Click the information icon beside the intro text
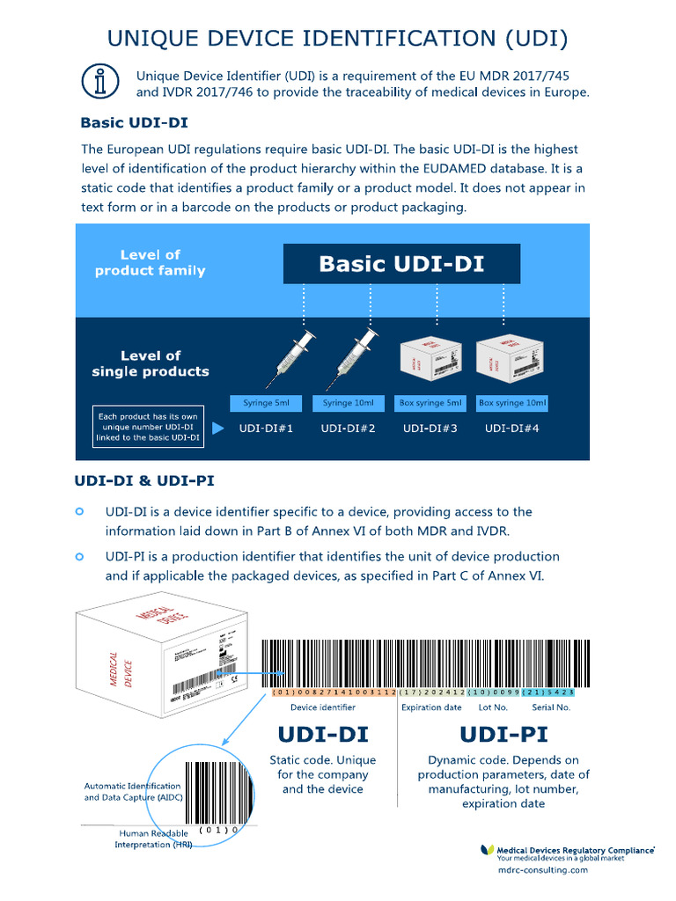(99, 82)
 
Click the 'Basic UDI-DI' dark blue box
(401, 264)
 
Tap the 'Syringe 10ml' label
(348, 403)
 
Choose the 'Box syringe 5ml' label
(430, 403)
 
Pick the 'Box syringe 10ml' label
(512, 403)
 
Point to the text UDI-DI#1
(266, 429)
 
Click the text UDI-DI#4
(512, 429)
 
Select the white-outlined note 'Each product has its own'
(149, 426)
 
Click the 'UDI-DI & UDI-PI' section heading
(144, 480)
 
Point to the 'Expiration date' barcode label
(431, 707)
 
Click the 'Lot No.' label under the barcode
(493, 707)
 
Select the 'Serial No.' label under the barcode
(551, 707)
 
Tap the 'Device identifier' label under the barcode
(323, 707)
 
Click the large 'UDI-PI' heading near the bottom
(503, 734)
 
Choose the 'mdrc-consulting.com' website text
(542, 869)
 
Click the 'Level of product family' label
(150, 263)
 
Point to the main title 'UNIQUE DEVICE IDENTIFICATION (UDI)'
(337, 38)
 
